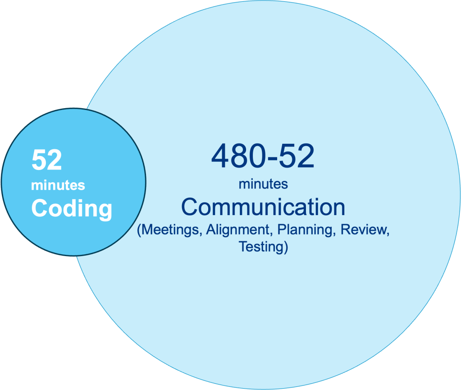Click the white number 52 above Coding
[46, 161]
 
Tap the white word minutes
[58, 185]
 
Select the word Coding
[71, 208]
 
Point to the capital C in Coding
[39, 208]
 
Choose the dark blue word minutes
[263, 184]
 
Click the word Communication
[263, 207]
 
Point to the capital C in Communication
[190, 207]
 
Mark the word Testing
[261, 247]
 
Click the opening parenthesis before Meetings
[139, 229]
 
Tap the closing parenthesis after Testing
[286, 247]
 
